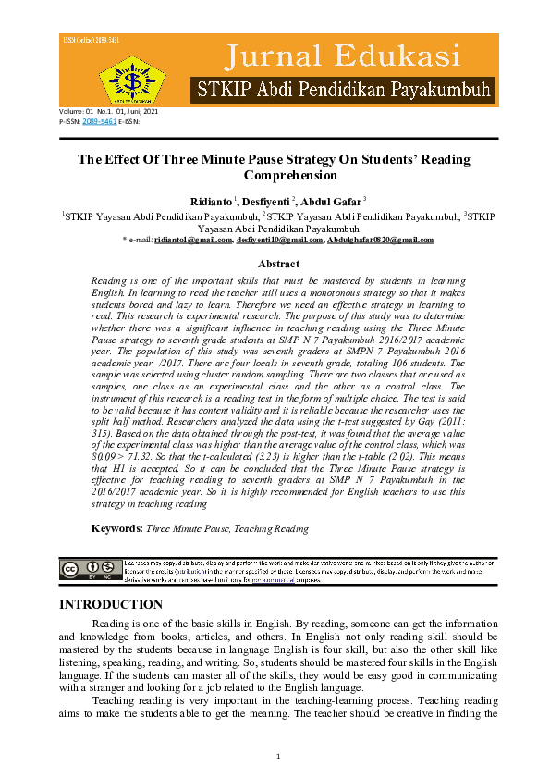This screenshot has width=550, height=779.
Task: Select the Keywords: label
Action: (116, 528)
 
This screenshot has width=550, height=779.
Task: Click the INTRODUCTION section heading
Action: (112, 605)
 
